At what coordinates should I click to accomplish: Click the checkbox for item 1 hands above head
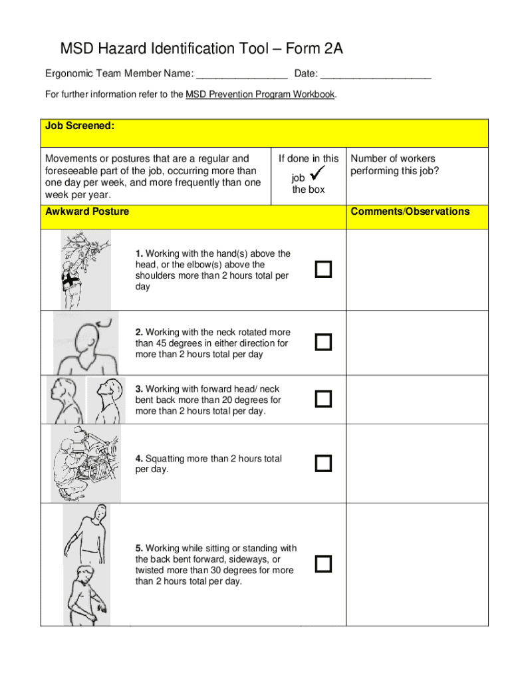323,269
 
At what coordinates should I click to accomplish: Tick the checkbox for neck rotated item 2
323,342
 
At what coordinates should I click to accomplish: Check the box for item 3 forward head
323,399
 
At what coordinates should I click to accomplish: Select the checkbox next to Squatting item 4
323,464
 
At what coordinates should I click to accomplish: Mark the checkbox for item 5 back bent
323,564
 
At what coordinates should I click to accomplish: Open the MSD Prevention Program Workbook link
260,94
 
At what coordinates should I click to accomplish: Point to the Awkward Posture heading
87,211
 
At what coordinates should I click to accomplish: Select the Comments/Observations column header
410,211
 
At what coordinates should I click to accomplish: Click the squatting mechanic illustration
86,463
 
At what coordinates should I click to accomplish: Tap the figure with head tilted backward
104,400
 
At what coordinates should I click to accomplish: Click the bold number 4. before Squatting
139,459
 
